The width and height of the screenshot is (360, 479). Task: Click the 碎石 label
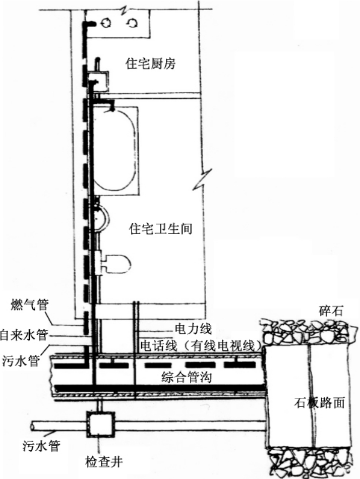(x=330, y=310)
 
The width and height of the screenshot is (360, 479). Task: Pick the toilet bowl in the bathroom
(x=117, y=263)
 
